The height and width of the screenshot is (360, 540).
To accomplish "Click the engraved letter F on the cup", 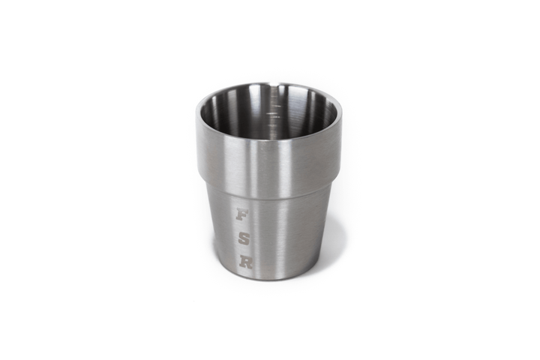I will [x=241, y=214].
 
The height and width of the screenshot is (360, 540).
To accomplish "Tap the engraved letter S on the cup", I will [x=243, y=238].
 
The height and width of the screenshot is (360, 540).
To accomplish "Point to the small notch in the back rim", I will [x=279, y=85].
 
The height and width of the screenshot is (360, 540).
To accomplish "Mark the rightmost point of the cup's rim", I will [x=341, y=112].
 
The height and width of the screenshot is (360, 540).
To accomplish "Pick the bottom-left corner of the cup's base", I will [x=222, y=266].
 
